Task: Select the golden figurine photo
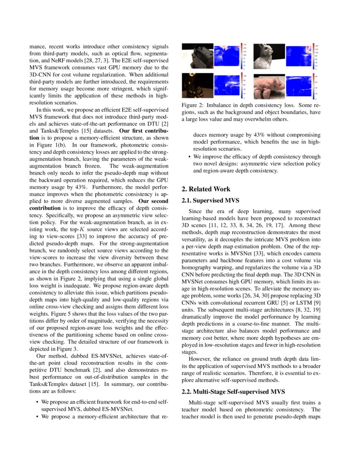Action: (197, 86)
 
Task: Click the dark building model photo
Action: (197, 56)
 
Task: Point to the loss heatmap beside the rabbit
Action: (298, 56)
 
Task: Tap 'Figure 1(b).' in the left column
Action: (52, 144)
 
